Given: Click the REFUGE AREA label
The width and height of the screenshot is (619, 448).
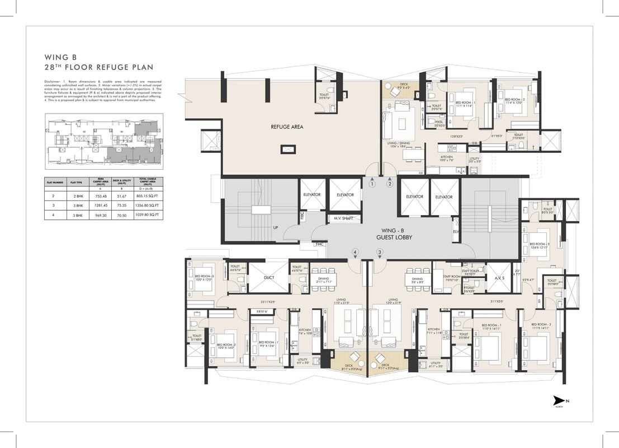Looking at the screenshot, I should (x=287, y=127).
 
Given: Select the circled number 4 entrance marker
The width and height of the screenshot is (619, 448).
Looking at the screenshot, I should (x=355, y=253).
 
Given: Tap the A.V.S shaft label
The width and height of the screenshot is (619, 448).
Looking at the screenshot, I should (x=499, y=277).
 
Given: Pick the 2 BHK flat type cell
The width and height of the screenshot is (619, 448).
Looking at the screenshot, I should (x=76, y=196).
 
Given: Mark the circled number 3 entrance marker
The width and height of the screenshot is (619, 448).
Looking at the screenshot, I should (x=380, y=253).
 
